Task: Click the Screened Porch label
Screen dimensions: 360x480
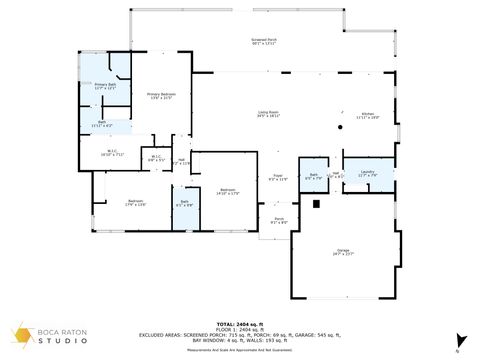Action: [x=264, y=43]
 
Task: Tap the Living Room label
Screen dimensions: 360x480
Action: [x=268, y=114]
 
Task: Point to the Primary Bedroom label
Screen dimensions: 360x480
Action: [x=160, y=97]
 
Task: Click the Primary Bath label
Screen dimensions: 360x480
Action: [x=105, y=87]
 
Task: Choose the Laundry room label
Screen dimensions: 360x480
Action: [x=367, y=173]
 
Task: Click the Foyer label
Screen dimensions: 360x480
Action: [x=279, y=178]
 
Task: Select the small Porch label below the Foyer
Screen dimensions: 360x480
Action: [x=279, y=220]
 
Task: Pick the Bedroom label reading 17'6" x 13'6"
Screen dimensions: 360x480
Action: [x=136, y=203]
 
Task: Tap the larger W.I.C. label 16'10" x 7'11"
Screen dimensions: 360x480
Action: [x=111, y=154]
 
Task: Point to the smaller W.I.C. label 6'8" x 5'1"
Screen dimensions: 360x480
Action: [x=156, y=158]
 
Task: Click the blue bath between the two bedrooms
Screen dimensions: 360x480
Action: [x=184, y=207]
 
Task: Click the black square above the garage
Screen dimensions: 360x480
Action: [x=317, y=204]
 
